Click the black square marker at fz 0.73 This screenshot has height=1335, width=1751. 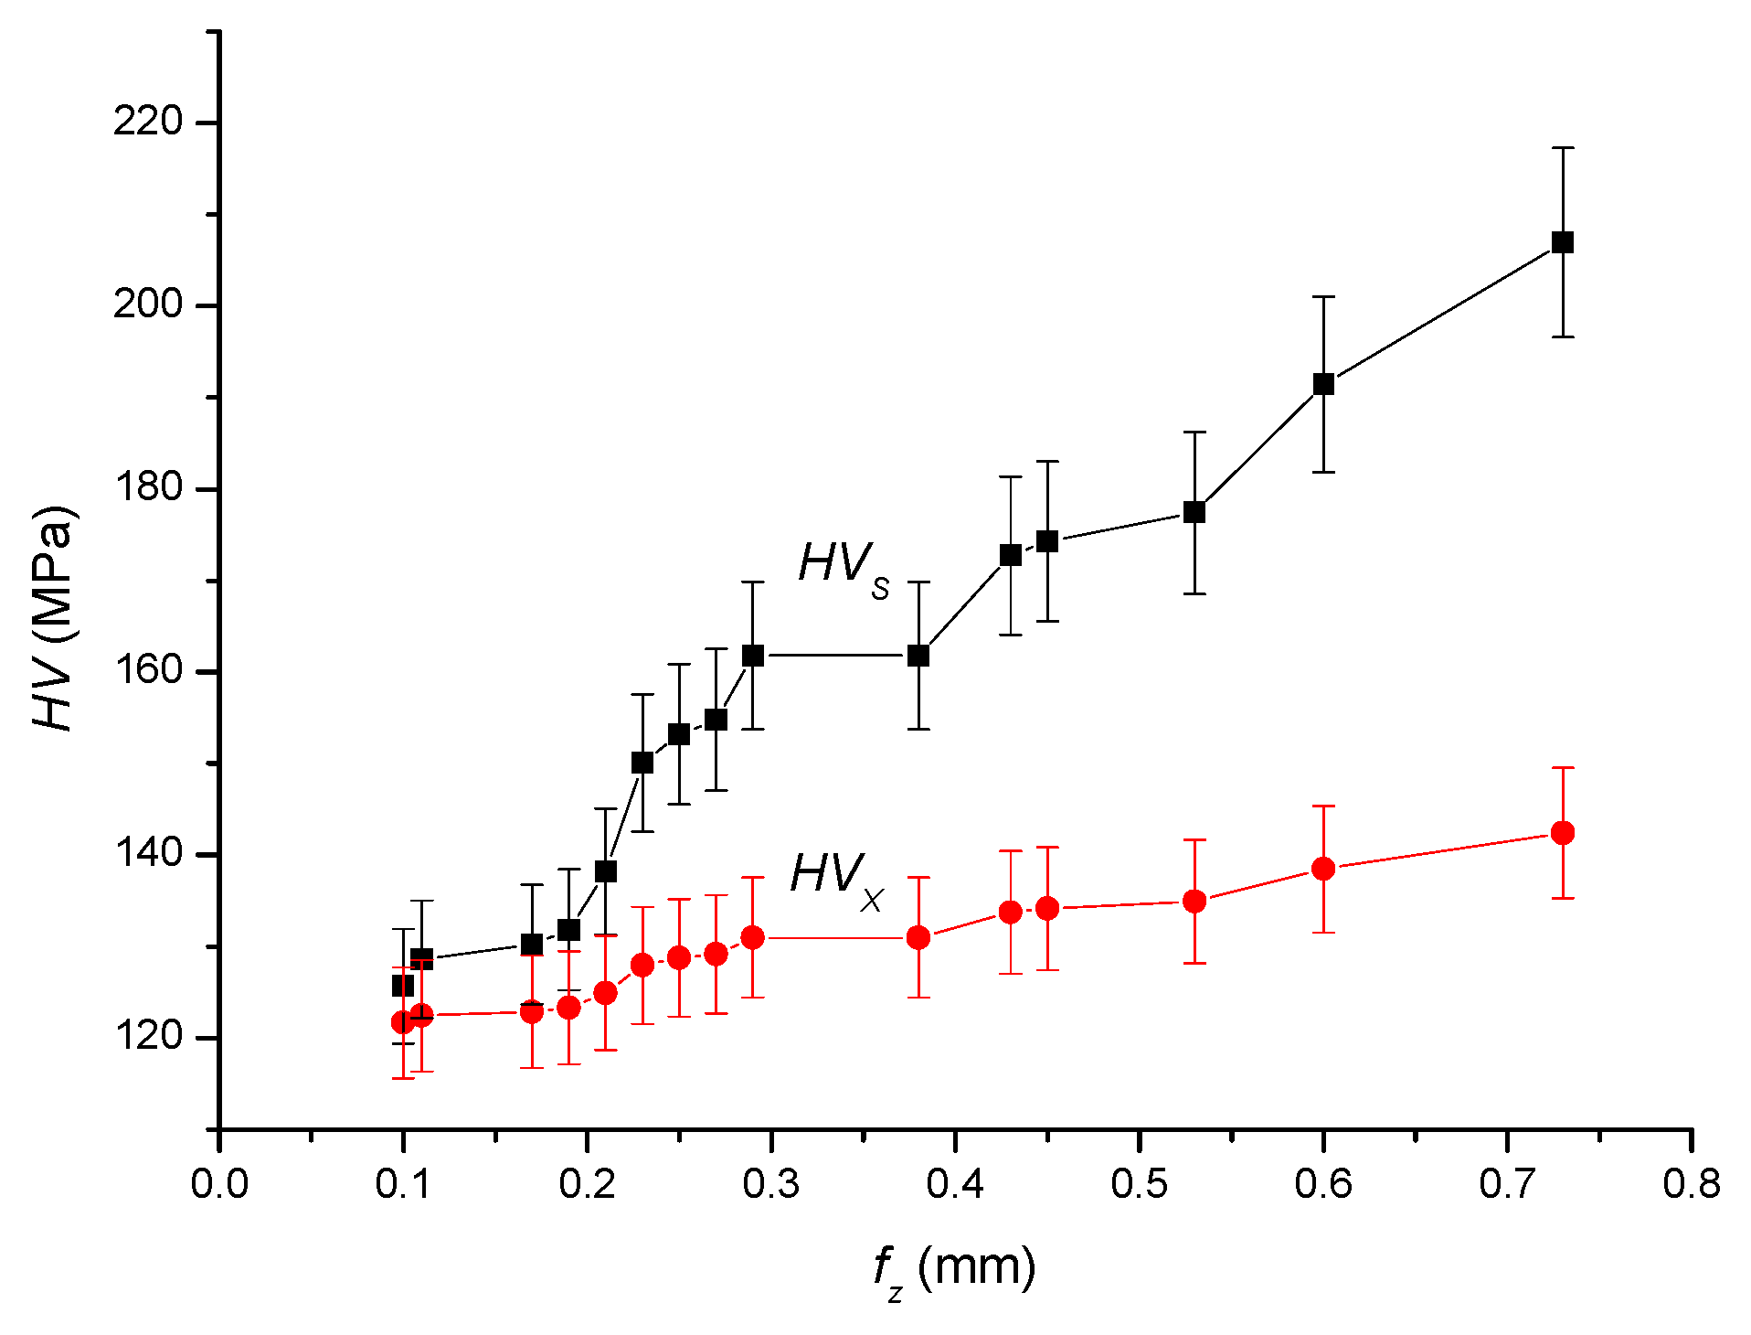(1562, 242)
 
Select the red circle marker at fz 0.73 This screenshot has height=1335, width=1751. (1562, 833)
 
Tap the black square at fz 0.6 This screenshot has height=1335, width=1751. (1322, 384)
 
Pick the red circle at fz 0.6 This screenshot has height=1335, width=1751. (1322, 869)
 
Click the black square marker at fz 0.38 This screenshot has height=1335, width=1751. (918, 656)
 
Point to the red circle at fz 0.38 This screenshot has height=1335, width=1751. (918, 937)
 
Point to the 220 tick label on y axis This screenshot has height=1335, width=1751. (148, 121)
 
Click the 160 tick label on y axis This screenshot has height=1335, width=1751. (148, 670)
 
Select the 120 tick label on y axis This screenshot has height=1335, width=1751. (148, 1037)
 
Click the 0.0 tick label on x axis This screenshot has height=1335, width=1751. (219, 1184)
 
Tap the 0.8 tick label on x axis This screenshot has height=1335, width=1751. (1691, 1184)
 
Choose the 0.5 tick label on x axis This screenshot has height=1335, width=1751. (1139, 1184)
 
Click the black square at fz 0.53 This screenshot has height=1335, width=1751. (1194, 512)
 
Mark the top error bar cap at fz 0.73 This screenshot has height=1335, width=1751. (1562, 147)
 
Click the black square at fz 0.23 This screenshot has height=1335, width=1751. (642, 763)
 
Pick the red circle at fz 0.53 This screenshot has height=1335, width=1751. (1194, 902)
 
